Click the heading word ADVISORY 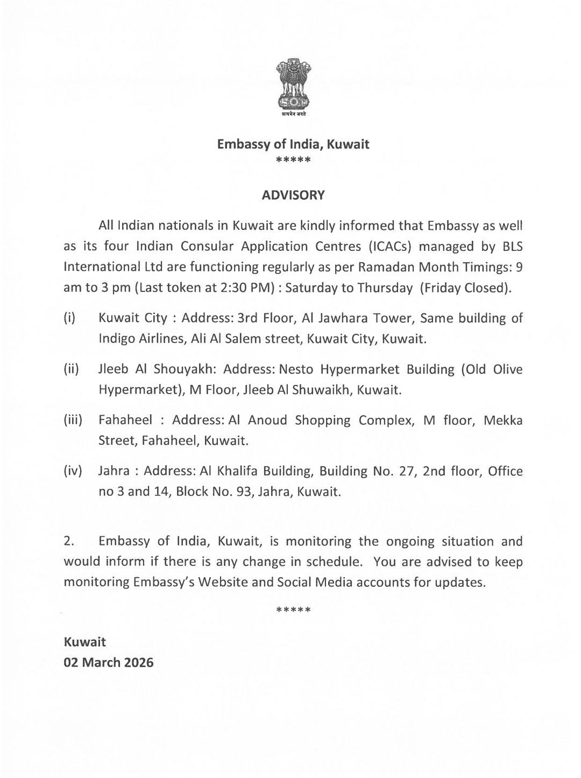293,195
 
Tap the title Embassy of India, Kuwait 293,144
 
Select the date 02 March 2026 109,662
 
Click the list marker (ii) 71,369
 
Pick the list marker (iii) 73,420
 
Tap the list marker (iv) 73,471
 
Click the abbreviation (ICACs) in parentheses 391,247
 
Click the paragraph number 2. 68,541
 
